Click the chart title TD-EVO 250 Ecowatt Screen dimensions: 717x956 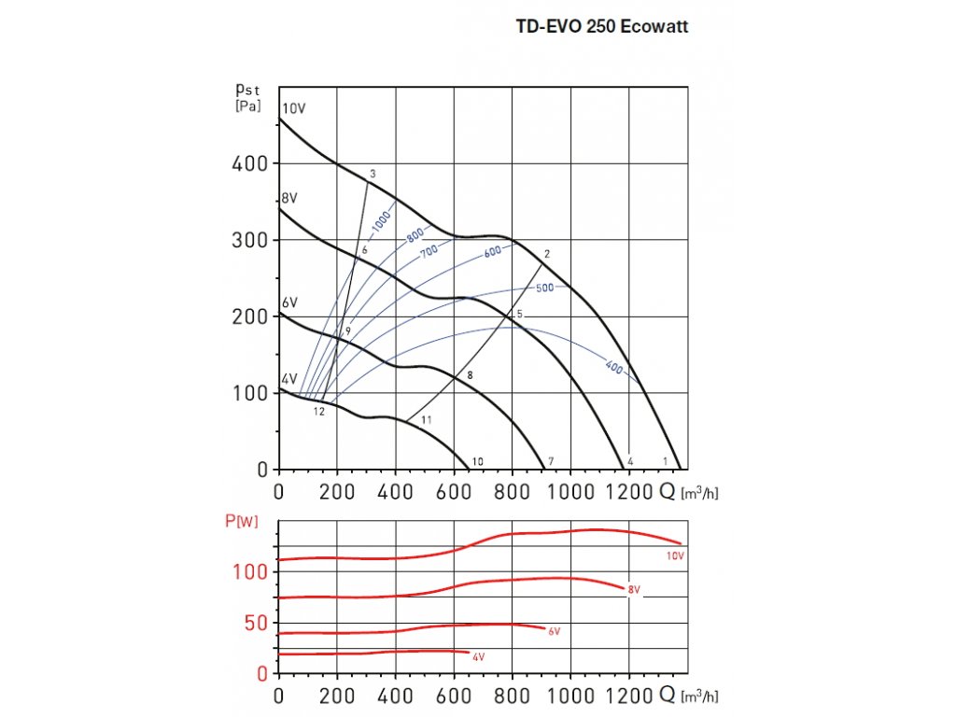pyautogui.click(x=601, y=27)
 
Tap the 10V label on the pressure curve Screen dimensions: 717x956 pyautogui.click(x=294, y=108)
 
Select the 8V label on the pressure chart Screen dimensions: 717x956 pyautogui.click(x=290, y=198)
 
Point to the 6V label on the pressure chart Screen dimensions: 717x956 pyautogui.click(x=289, y=303)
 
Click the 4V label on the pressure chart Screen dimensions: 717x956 pyautogui.click(x=289, y=379)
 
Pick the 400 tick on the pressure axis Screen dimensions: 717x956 pyautogui.click(x=249, y=163)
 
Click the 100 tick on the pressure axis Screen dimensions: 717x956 pyautogui.click(x=249, y=393)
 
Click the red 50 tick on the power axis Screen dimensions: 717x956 pyautogui.click(x=256, y=623)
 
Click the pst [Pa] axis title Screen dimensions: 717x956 pyautogui.click(x=247, y=97)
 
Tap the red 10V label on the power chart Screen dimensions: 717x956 pyautogui.click(x=676, y=556)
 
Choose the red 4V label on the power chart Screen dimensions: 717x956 pyautogui.click(x=478, y=658)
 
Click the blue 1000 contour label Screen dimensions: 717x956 pyautogui.click(x=381, y=221)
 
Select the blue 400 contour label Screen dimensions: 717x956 pyautogui.click(x=613, y=367)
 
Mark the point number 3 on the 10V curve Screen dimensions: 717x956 pyautogui.click(x=373, y=174)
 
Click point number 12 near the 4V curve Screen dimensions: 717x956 pyautogui.click(x=318, y=411)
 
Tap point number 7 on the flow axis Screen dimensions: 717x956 pyautogui.click(x=551, y=461)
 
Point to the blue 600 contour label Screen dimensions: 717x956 pyautogui.click(x=493, y=251)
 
